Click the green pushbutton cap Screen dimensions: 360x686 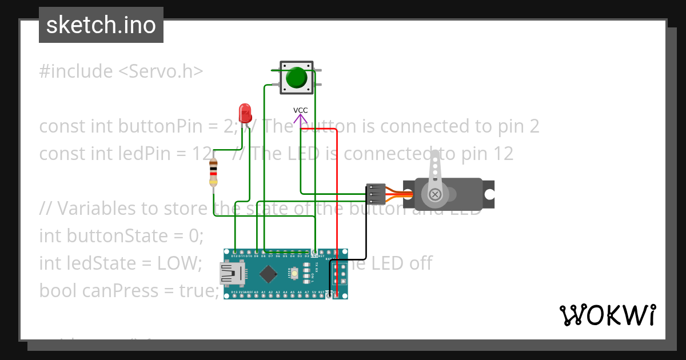pyautogui.click(x=296, y=77)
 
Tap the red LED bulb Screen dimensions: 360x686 pyautogui.click(x=245, y=112)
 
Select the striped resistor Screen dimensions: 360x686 pyautogui.click(x=213, y=173)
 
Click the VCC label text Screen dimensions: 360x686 pyautogui.click(x=301, y=110)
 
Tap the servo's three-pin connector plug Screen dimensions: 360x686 pyautogui.click(x=375, y=194)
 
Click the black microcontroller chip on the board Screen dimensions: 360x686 pyautogui.click(x=268, y=274)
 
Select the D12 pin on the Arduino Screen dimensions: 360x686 pyautogui.click(x=235, y=252)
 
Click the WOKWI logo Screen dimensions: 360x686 pyautogui.click(x=607, y=315)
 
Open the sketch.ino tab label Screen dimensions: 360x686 pyautogui.click(x=101, y=25)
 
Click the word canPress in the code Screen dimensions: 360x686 pyautogui.click(x=121, y=291)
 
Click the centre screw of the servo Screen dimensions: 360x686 pyautogui.click(x=436, y=195)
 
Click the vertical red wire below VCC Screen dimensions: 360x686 pyautogui.click(x=337, y=189)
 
